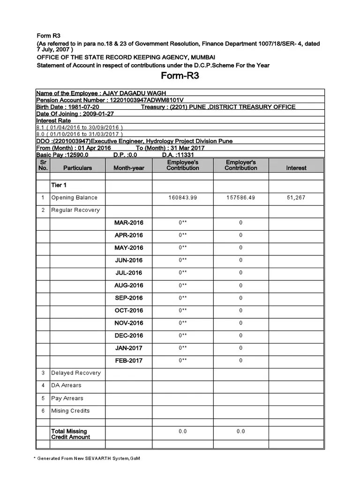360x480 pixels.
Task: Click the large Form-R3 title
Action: [x=180, y=76]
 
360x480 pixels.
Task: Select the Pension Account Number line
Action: [x=110, y=100]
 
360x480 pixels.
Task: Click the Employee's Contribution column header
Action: [x=183, y=165]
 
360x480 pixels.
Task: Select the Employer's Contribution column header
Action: [x=240, y=165]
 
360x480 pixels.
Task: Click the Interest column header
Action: [x=296, y=168]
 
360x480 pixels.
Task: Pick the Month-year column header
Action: [x=129, y=168]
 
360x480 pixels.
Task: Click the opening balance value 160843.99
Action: [x=183, y=198]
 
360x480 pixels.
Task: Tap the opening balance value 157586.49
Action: [x=240, y=198]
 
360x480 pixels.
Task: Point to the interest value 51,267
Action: [x=296, y=198]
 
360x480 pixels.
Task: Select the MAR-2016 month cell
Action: [x=129, y=223]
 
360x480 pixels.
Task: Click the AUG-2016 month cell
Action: [x=129, y=285]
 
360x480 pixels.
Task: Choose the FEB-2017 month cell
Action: [x=129, y=360]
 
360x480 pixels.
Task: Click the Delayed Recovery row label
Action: [x=76, y=373]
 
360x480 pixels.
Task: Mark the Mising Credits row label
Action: [x=70, y=411]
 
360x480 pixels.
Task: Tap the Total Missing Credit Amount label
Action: [x=70, y=434]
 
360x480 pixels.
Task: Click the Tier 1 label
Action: [x=59, y=185]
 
